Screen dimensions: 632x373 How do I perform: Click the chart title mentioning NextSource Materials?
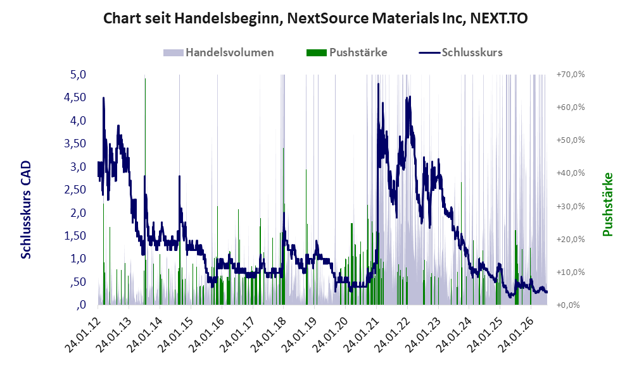click(315, 18)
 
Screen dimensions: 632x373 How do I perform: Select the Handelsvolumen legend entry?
click(218, 52)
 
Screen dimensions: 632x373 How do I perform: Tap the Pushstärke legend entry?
click(346, 52)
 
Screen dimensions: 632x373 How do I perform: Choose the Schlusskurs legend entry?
click(460, 52)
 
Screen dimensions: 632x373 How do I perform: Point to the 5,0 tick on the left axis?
click(78, 75)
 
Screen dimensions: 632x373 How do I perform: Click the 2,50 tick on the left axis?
click(75, 190)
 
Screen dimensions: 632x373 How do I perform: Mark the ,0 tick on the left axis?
click(81, 305)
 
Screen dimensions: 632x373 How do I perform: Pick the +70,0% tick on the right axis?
click(571, 75)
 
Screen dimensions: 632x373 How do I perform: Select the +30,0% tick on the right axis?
click(571, 207)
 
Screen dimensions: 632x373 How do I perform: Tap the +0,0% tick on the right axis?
click(568, 305)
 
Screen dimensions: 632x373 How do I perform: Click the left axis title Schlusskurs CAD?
click(26, 210)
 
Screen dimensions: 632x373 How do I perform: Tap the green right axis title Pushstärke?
click(607, 204)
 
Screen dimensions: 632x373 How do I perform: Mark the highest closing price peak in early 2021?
click(378, 83)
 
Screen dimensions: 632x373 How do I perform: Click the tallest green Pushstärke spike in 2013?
click(145, 79)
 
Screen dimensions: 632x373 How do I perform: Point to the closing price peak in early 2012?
click(104, 98)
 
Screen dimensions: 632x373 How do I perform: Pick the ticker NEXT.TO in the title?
click(499, 18)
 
